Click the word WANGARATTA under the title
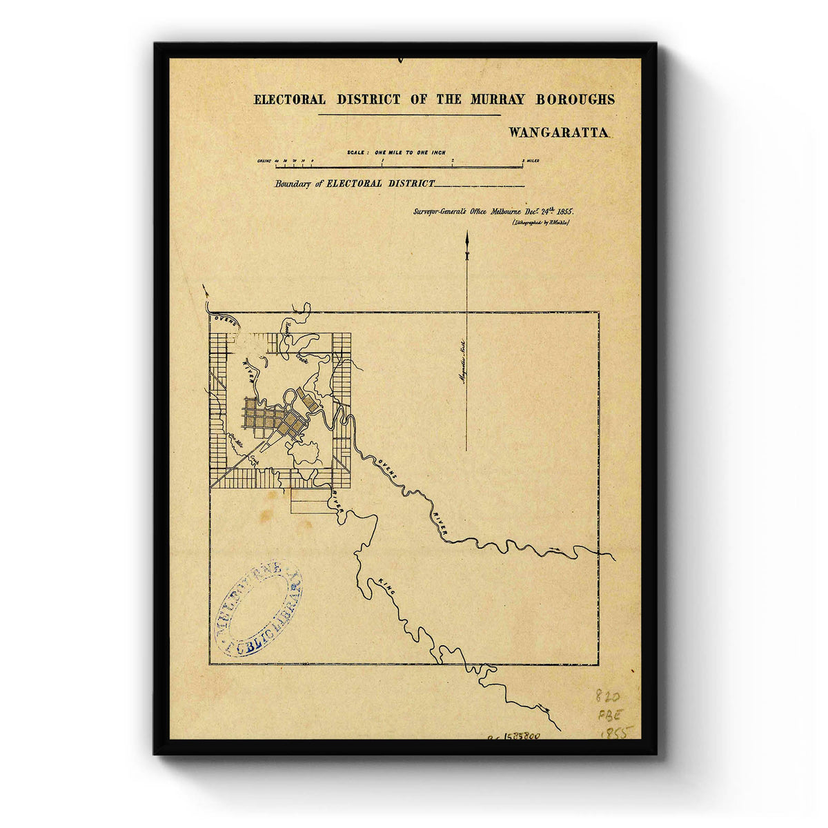click(559, 132)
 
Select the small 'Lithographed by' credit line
click(540, 223)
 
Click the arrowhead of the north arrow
click(467, 239)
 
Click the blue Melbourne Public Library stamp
click(258, 608)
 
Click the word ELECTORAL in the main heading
click(290, 99)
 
